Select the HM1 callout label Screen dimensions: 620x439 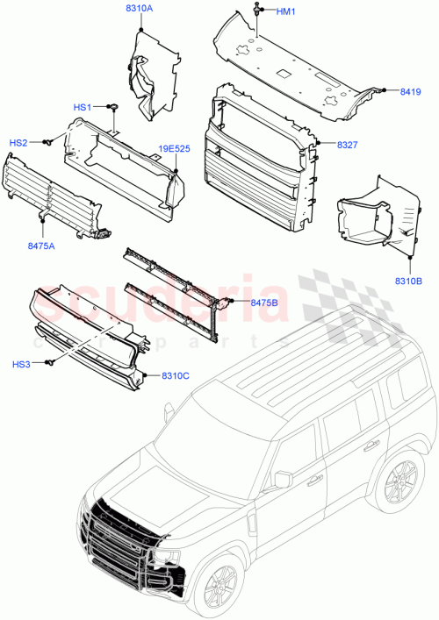click(x=286, y=11)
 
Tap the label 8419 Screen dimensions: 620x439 click(x=410, y=90)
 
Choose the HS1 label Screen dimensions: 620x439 click(x=83, y=107)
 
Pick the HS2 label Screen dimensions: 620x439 click(x=18, y=142)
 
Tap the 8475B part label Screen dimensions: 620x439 click(x=264, y=303)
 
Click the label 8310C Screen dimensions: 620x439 click(x=176, y=376)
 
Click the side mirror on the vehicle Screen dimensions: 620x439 click(x=283, y=479)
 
